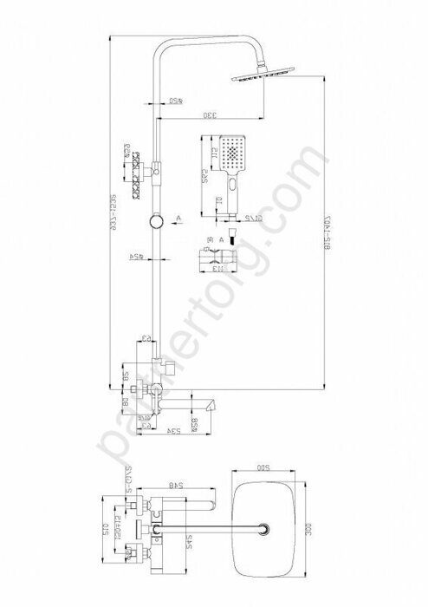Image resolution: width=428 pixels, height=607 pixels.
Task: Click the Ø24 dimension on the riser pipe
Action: (x=136, y=258)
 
